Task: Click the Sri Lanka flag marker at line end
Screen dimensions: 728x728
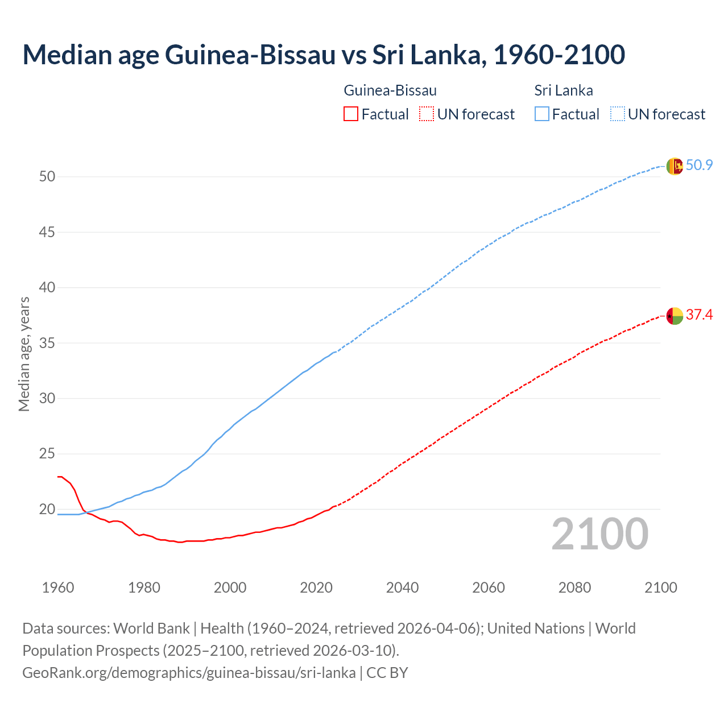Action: pos(675,166)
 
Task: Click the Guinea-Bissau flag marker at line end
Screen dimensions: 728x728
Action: pos(675,316)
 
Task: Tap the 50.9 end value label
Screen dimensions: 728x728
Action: pos(699,166)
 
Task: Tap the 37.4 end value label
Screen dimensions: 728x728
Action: pos(699,315)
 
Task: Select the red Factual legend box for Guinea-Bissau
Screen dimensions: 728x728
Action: pos(351,114)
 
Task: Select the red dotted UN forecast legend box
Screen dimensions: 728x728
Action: pos(427,114)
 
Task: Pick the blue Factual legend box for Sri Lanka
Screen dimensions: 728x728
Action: pos(542,114)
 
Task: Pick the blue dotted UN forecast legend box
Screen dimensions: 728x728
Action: pos(617,114)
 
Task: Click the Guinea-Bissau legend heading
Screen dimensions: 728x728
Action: pos(390,90)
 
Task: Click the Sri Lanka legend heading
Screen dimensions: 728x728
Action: pos(564,90)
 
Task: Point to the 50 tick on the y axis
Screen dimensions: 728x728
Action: pos(47,177)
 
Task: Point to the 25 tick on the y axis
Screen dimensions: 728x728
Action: pos(47,454)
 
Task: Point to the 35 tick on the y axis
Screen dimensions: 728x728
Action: pos(47,343)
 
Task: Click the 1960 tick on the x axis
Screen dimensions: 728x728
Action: pos(58,588)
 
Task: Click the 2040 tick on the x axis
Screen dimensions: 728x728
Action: pos(402,588)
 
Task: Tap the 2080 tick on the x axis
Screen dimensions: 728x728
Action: pos(574,588)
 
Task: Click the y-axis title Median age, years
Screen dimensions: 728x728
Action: pos(24,354)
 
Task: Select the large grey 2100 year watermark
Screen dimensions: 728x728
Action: pos(600,533)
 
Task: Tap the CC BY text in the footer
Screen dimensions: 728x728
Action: pos(387,673)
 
